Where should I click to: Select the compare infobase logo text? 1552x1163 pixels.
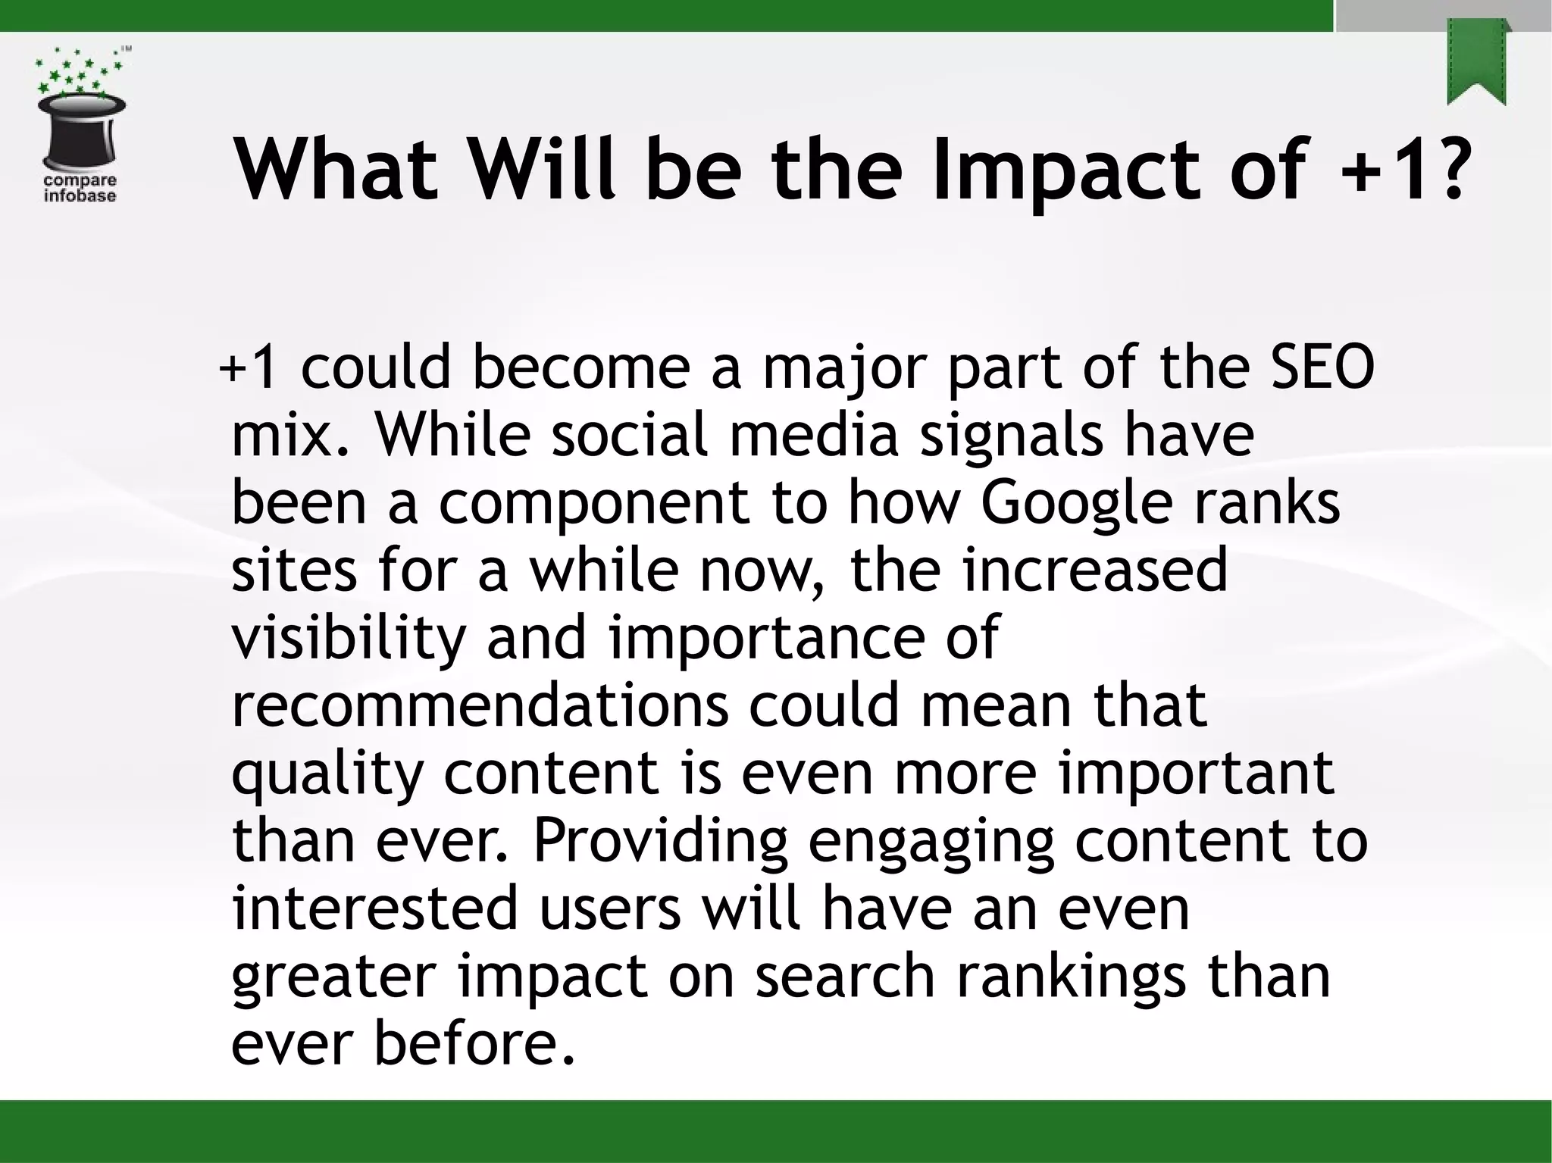80,188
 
